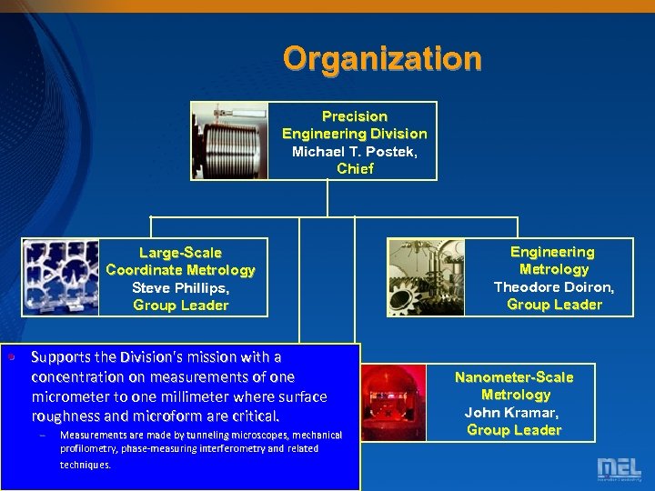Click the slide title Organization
382,59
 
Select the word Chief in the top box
355,168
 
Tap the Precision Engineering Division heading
354,125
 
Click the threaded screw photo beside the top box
231,141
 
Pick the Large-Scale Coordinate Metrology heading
180,261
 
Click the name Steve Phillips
180,287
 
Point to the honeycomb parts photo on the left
60,276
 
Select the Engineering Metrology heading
553,260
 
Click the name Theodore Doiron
553,286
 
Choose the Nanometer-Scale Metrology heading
514,386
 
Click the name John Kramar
513,412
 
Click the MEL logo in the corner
619,468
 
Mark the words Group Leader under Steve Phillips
180,306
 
